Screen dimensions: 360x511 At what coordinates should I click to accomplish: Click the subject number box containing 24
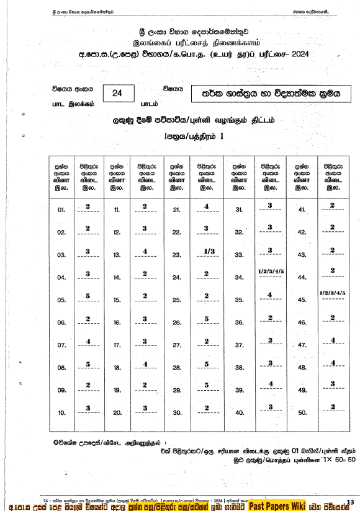pos(116,93)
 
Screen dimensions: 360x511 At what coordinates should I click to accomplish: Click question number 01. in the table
pos(61,210)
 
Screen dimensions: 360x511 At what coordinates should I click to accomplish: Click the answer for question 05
pos(88,296)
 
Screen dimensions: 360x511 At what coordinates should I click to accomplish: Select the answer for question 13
pos(145,251)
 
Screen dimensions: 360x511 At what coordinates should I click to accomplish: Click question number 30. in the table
pos(177,413)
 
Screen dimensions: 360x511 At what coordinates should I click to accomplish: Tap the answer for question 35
pos(270,295)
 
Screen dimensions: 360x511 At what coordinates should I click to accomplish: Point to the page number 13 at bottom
pos(350,502)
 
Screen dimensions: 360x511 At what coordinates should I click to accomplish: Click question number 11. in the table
pos(117,210)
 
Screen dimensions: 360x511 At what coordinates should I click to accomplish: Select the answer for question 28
pos(205,364)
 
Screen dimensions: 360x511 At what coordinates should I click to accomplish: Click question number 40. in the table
pos(239,413)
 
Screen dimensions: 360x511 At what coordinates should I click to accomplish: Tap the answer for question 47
pos(333,340)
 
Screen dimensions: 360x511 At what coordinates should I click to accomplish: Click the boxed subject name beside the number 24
pos(268,94)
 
